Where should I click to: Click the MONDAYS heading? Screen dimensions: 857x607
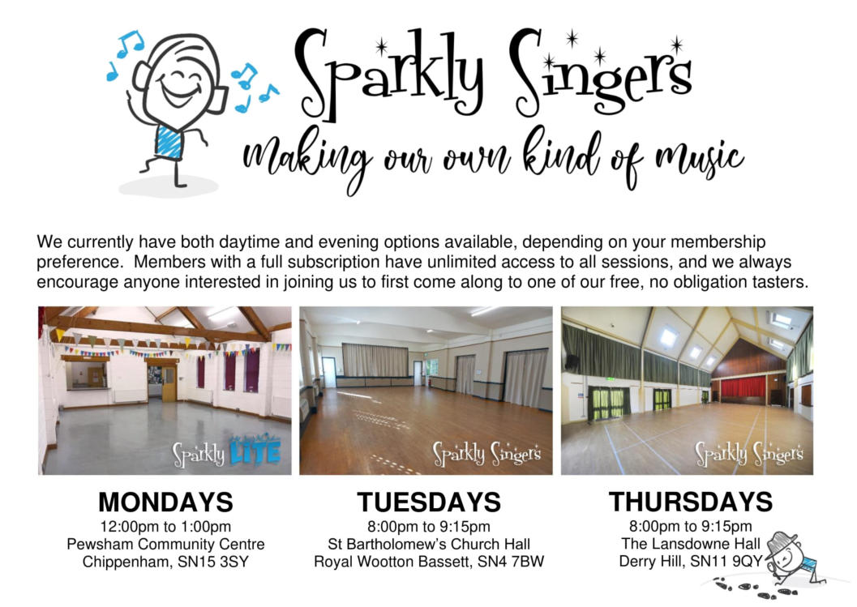[x=165, y=502]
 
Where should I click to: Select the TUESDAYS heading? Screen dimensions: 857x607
[x=429, y=502]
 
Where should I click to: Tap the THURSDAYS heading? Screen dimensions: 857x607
[x=691, y=502]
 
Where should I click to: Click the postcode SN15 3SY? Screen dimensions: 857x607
[x=213, y=562]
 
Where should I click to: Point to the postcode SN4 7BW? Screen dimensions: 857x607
[x=511, y=562]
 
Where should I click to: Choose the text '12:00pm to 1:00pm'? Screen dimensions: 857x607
[x=165, y=527]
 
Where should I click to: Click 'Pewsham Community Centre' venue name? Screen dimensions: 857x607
[x=165, y=544]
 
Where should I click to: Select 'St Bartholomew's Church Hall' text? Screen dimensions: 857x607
[x=429, y=544]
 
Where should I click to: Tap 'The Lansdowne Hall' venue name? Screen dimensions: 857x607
[x=691, y=544]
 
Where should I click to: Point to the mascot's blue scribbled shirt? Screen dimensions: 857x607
[x=169, y=141]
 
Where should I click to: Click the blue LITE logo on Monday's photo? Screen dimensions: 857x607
[x=255, y=451]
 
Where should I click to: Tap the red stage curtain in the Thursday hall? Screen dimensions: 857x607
[x=743, y=387]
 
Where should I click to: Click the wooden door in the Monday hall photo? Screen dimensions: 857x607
[x=169, y=384]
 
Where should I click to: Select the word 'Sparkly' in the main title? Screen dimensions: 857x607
[x=390, y=74]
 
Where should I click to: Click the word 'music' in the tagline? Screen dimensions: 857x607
[x=700, y=159]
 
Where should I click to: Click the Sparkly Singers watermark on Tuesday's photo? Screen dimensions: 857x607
[x=487, y=454]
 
